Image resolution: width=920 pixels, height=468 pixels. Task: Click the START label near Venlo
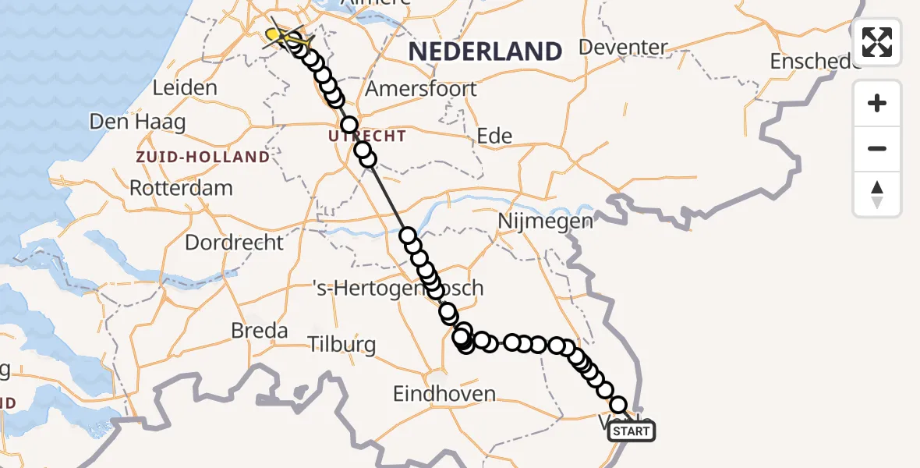click(x=631, y=431)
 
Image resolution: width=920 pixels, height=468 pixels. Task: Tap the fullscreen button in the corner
click(x=877, y=42)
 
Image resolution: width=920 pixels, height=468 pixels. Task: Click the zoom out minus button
click(x=877, y=148)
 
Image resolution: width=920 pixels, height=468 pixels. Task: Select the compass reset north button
click(x=877, y=194)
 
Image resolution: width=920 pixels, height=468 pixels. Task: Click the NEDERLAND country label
click(x=485, y=51)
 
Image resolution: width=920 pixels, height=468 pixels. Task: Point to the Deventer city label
click(x=624, y=48)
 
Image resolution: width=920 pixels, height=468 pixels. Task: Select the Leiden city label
click(x=185, y=88)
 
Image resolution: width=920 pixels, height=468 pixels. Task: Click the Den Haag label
click(x=138, y=122)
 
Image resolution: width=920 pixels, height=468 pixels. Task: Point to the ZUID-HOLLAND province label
click(x=203, y=157)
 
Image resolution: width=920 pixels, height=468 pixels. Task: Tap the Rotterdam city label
click(x=181, y=188)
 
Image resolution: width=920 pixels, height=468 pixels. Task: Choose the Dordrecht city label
click(x=234, y=242)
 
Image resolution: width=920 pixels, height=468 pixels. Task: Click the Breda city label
click(x=260, y=331)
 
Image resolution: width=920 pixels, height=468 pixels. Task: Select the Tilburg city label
click(x=341, y=344)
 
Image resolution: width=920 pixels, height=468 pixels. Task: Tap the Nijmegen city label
click(x=546, y=221)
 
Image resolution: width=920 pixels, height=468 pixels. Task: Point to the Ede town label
click(x=494, y=136)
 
